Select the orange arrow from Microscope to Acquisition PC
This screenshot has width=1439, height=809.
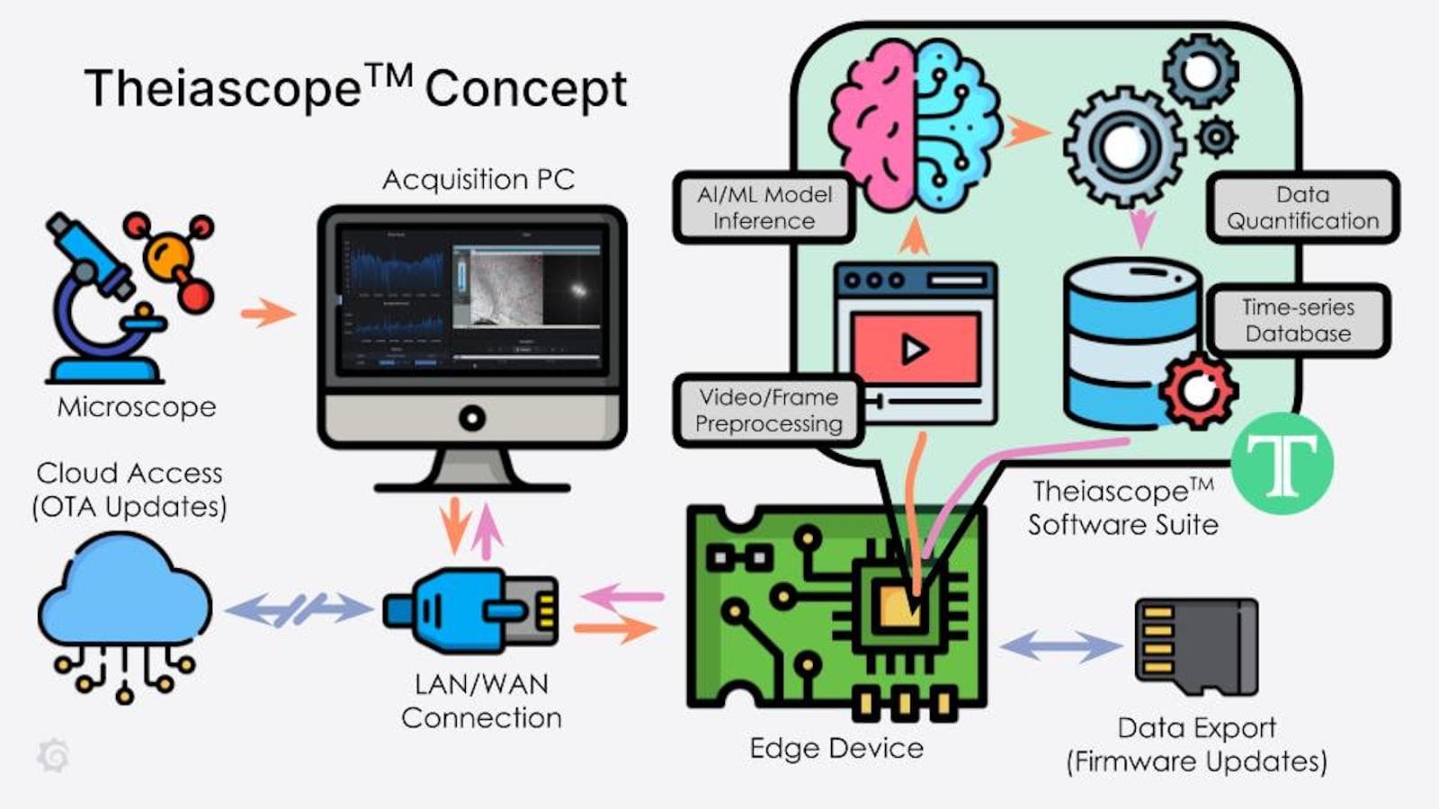tap(267, 313)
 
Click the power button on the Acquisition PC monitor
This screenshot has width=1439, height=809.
tap(471, 418)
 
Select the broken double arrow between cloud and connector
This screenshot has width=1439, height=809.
tap(297, 609)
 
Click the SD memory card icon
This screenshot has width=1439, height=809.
tap(1196, 647)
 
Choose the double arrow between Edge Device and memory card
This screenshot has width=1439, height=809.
tap(1061, 645)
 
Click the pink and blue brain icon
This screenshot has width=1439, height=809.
tap(914, 126)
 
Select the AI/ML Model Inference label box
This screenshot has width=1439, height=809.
tap(764, 208)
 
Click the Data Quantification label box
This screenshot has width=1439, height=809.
tap(1302, 208)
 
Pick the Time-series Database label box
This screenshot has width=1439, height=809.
tap(1298, 320)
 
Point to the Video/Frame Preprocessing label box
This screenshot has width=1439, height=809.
tap(769, 410)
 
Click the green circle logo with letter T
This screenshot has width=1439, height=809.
tap(1282, 463)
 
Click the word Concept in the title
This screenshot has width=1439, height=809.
tap(525, 89)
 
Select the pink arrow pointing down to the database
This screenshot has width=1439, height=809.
tap(1141, 229)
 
